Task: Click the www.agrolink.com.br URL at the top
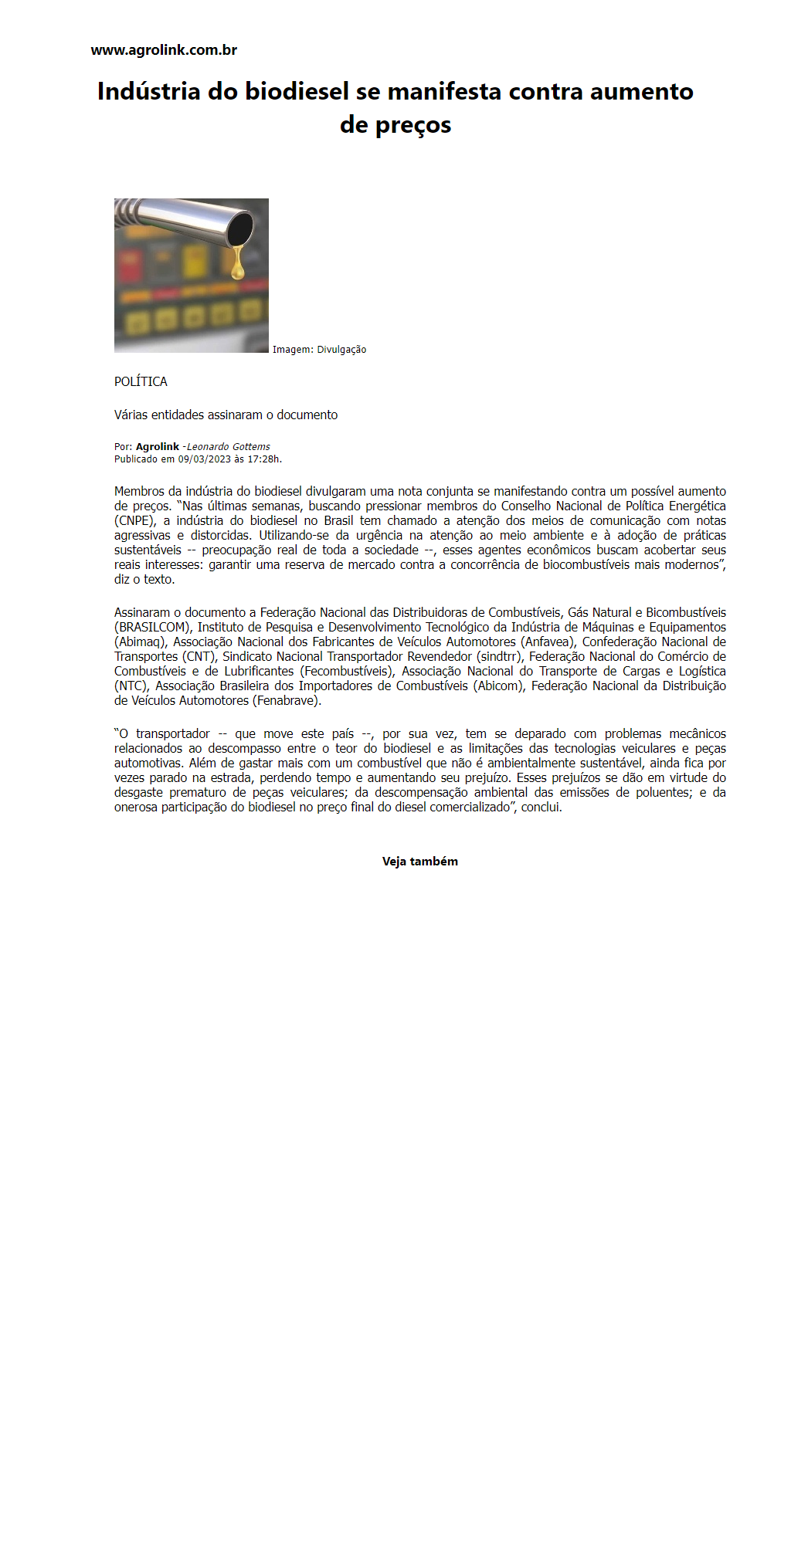[x=164, y=50]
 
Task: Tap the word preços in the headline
[x=412, y=125]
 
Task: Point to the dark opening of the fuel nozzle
[x=240, y=228]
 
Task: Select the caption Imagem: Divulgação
[x=319, y=350]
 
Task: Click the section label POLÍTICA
[x=141, y=381]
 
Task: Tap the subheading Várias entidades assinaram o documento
[x=226, y=415]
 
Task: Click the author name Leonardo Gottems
[x=229, y=447]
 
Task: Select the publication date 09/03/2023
[x=205, y=459]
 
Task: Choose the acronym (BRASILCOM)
[x=152, y=628]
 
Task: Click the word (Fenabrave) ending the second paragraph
[x=287, y=701]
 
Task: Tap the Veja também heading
[x=420, y=862]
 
